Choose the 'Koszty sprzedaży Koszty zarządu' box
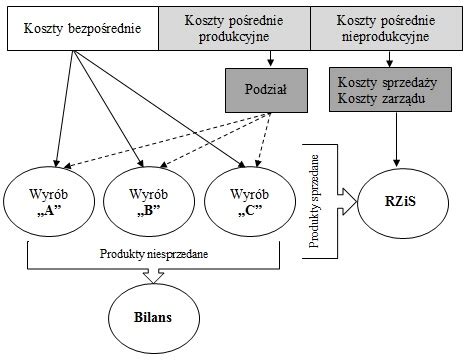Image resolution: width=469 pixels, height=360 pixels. pyautogui.click(x=386, y=89)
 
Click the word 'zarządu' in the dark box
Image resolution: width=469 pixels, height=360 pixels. pyautogui.click(x=411, y=98)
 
